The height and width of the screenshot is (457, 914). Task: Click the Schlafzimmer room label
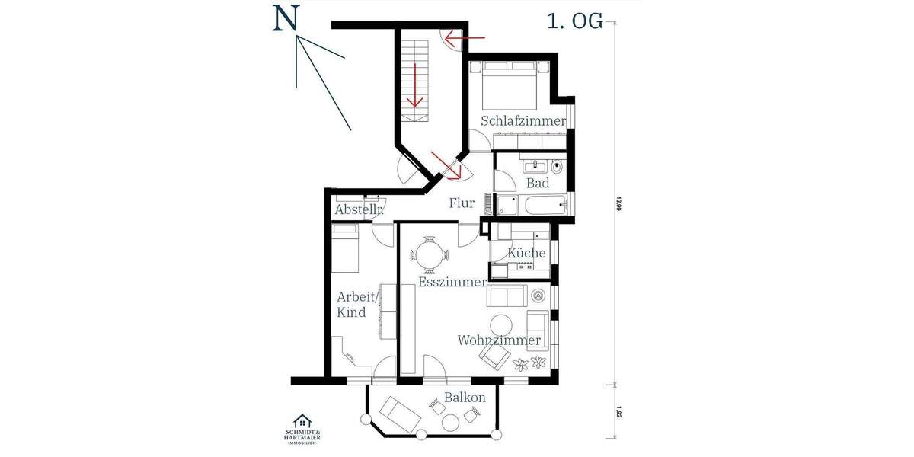523,122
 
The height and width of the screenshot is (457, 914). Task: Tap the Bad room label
538,184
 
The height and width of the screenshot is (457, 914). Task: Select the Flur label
462,203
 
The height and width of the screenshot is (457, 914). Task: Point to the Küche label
526,253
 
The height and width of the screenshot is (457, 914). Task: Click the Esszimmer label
452,283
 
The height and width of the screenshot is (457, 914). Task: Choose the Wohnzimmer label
499,340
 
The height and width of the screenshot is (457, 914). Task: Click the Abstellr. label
358,210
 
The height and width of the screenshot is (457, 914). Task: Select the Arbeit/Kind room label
351,305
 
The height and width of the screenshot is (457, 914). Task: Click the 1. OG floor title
574,21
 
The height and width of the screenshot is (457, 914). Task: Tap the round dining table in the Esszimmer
428,254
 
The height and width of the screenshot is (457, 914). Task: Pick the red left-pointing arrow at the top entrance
465,36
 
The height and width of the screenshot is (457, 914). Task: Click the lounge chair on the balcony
401,414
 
